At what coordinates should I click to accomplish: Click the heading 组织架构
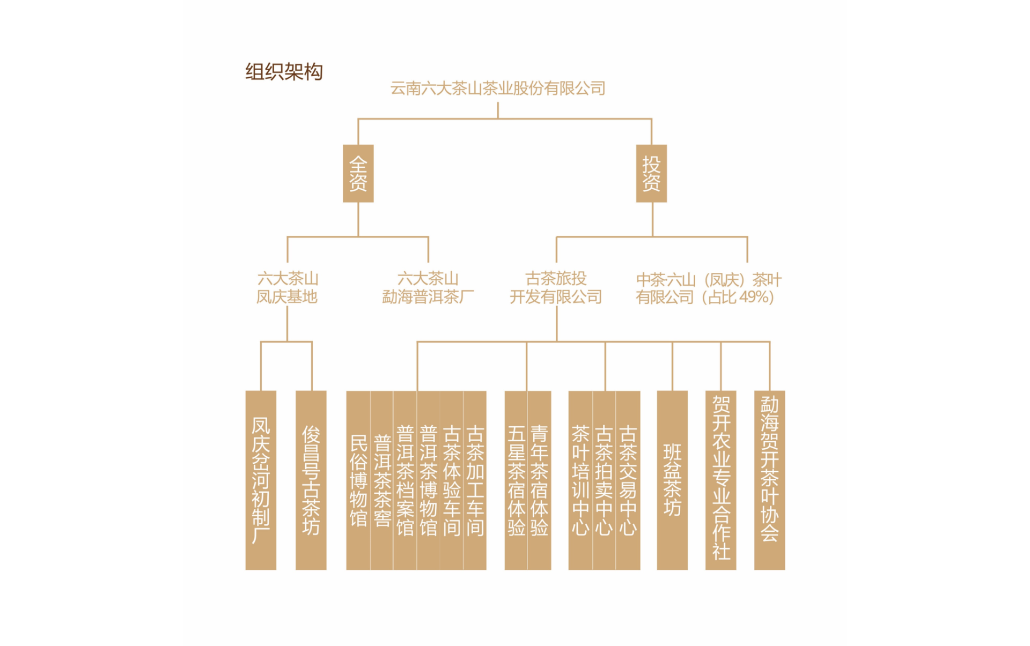click(x=284, y=71)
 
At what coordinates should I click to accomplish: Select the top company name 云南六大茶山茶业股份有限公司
click(x=497, y=88)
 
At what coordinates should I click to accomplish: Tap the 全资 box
click(x=358, y=173)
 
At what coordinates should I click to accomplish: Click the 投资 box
click(x=651, y=173)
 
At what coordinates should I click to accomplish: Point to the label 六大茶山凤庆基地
click(x=287, y=288)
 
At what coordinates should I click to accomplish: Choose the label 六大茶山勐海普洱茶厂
click(x=428, y=288)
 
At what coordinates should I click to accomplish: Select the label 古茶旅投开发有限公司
click(x=556, y=288)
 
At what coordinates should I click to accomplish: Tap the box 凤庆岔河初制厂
click(x=261, y=480)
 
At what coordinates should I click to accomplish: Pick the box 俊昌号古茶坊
click(x=311, y=480)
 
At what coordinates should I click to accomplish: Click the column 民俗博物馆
click(x=358, y=480)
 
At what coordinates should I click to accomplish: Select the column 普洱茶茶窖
click(x=382, y=480)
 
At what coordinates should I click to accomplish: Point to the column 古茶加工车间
click(x=475, y=480)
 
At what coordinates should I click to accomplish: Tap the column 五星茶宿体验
click(x=516, y=480)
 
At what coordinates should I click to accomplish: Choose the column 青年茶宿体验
click(x=539, y=480)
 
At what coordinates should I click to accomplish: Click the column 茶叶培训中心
click(x=580, y=480)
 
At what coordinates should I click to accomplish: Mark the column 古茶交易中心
click(x=628, y=480)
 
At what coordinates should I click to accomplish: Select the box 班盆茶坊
click(x=672, y=480)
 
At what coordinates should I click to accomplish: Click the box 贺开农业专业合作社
click(x=720, y=480)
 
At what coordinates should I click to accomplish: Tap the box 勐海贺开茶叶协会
click(x=769, y=480)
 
